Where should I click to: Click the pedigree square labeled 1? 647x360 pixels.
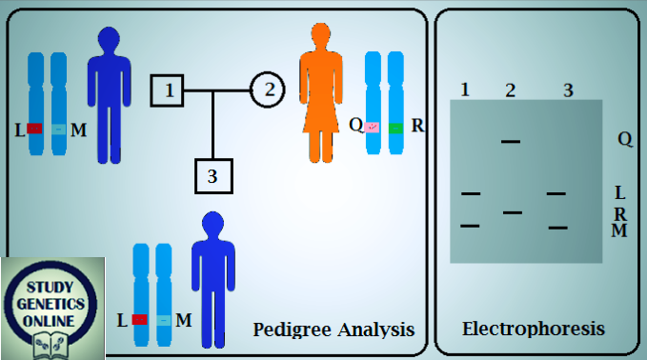(x=167, y=91)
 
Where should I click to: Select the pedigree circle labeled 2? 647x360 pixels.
(x=268, y=91)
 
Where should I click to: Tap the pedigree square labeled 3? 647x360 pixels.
(x=212, y=175)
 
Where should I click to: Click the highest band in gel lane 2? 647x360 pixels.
(x=511, y=141)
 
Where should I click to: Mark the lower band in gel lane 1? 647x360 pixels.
(x=470, y=225)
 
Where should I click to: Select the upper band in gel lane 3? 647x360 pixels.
(x=556, y=193)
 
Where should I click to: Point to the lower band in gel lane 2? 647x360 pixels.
(x=513, y=211)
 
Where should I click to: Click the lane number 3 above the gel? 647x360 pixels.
(x=567, y=90)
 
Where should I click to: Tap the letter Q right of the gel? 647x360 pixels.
(x=624, y=139)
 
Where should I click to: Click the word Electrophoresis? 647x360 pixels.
(x=533, y=330)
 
